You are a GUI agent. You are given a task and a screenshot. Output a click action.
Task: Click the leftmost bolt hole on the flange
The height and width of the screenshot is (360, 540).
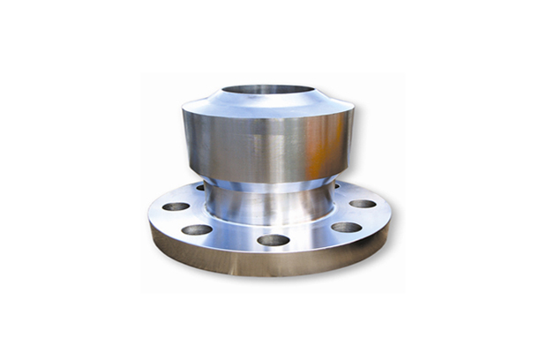point(176,206)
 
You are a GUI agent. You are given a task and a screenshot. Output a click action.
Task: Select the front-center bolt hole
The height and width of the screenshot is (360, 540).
point(274,239)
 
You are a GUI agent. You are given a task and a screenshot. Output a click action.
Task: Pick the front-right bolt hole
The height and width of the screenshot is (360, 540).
point(347,227)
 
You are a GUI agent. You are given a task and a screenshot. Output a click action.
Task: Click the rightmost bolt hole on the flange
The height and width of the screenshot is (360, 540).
point(363,204)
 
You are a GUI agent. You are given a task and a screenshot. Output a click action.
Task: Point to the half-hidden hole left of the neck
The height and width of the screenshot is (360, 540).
point(200,187)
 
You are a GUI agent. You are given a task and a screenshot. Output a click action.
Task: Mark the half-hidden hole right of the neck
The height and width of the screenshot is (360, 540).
point(338,186)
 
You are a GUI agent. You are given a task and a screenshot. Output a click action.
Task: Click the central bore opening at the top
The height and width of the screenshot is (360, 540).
point(267,92)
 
